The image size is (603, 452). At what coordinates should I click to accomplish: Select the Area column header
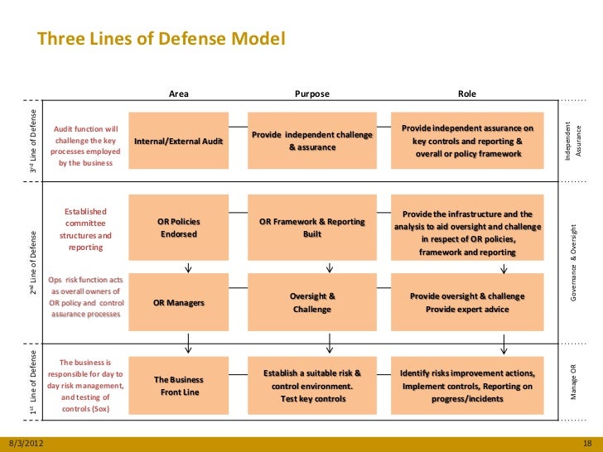point(178,94)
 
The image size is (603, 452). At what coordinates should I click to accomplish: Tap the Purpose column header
point(312,94)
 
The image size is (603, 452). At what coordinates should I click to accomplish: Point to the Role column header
point(467,94)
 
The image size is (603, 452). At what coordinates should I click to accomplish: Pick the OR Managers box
point(179,302)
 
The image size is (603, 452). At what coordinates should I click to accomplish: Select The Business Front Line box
point(179,386)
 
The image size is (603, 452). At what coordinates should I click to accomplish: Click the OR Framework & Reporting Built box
point(312,228)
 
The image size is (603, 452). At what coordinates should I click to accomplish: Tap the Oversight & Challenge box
point(312,302)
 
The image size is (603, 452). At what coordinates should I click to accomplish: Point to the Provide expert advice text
point(467,310)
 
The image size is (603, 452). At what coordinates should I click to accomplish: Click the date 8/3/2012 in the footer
point(25,444)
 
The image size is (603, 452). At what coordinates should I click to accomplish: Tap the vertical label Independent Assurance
point(573,141)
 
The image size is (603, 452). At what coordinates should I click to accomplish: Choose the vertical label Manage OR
point(573,382)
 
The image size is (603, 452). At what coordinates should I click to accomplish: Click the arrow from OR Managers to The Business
point(189,341)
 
